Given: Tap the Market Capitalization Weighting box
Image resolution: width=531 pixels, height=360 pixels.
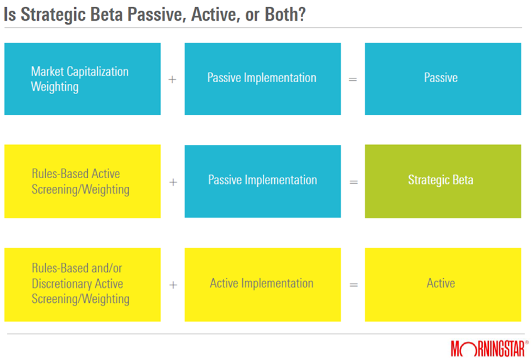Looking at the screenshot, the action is point(82,79).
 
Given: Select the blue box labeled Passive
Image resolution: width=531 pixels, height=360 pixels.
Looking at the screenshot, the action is point(443,79).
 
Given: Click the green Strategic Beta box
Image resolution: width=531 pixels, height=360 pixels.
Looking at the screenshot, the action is point(443,181).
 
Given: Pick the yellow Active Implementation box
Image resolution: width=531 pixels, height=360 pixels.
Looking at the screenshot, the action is point(262,285).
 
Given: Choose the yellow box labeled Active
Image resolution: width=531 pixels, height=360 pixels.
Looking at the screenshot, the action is point(443,285).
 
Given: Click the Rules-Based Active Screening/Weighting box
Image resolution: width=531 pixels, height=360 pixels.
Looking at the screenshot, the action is point(82,181).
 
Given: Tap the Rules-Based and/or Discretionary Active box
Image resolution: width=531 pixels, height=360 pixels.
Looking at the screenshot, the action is point(82,285).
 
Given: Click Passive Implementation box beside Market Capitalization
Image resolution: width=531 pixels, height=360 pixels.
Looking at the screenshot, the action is point(262,79).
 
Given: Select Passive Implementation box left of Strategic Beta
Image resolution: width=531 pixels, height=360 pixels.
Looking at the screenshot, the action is point(262,181).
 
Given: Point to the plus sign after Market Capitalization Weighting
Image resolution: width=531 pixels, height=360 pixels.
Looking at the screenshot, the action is point(173,80).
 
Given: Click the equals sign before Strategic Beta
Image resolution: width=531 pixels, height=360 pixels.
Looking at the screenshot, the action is point(353,183).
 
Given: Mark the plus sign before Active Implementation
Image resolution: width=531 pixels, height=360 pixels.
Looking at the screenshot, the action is point(173,285).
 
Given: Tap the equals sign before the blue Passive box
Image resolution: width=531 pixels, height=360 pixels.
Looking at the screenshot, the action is point(353,80).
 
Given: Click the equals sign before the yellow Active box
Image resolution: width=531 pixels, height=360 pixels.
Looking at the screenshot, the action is point(353,285).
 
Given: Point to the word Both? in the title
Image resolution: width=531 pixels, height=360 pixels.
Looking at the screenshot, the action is point(285,14).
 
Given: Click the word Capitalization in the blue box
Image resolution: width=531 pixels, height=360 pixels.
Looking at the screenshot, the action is point(97,71).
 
